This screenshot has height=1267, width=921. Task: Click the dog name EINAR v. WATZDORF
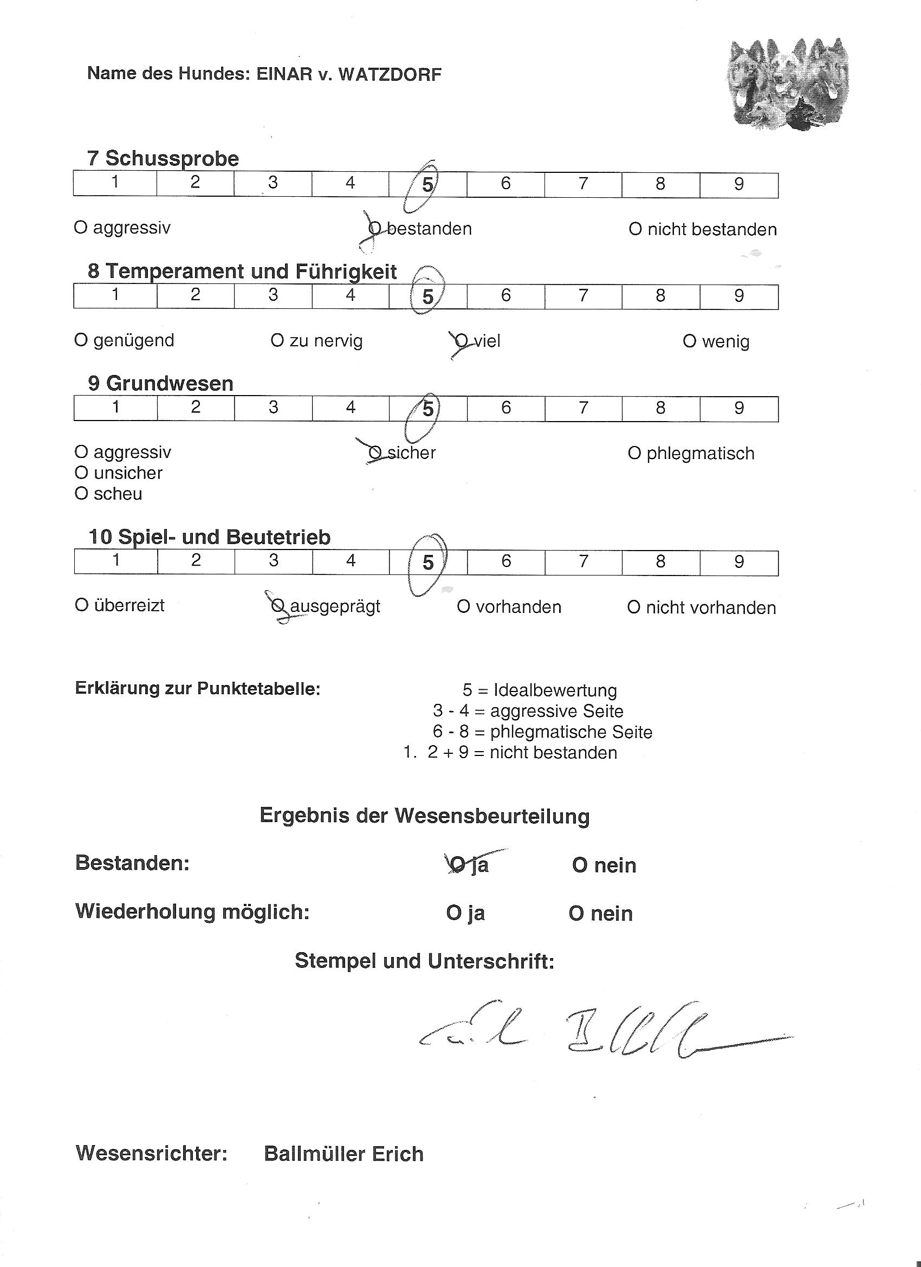[x=348, y=74]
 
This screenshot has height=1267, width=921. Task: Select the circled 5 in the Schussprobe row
[x=427, y=184]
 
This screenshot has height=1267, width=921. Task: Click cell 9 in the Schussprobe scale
[x=738, y=184]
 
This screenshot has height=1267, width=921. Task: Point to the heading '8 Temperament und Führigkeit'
[x=242, y=271]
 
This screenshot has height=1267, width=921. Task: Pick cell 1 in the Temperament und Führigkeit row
[x=115, y=295]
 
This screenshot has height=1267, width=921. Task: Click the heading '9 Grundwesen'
[x=160, y=384]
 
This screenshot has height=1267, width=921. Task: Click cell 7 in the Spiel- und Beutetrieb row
[x=583, y=561]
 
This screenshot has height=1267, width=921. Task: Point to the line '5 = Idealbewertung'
[x=540, y=690]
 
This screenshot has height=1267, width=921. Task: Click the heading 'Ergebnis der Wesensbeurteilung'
[x=425, y=816]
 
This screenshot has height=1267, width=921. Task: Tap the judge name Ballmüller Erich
[x=343, y=1154]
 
